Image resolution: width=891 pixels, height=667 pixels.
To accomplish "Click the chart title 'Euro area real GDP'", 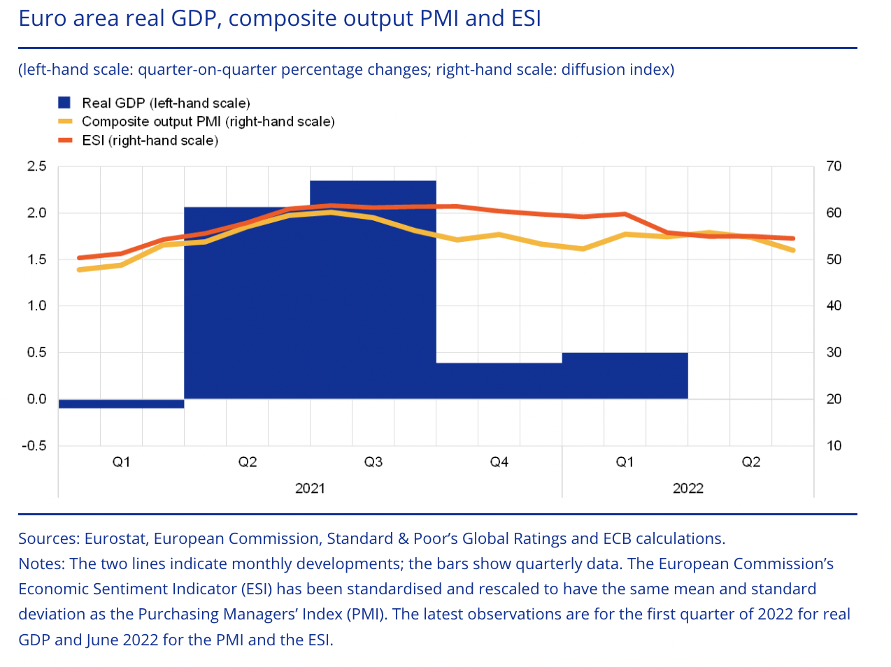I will [280, 18].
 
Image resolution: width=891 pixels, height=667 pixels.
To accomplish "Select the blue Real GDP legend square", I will [64, 103].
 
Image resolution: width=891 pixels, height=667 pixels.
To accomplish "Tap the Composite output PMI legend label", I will [208, 122].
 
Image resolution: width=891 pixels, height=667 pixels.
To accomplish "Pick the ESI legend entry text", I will [150, 141].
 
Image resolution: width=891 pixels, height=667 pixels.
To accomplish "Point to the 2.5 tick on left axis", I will [36, 166].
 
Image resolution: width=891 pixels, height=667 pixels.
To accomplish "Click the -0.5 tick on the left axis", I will [34, 446].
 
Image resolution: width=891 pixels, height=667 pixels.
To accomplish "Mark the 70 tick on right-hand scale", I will [834, 166].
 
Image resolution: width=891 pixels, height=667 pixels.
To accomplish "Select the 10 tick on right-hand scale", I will [834, 446].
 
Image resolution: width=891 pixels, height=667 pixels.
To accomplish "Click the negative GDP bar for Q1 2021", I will [121, 403].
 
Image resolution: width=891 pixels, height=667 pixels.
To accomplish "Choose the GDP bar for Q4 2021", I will [499, 381].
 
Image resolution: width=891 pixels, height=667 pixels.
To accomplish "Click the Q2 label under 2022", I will [750, 462].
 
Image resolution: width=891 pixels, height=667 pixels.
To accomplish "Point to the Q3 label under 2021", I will [373, 462].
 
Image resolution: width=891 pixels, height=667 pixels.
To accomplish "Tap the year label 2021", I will [310, 488].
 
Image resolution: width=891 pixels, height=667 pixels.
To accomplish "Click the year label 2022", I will [687, 488].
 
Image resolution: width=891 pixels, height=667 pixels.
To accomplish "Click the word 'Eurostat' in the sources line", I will [115, 539].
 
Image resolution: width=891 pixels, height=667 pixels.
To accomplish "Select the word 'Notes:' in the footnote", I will [41, 564].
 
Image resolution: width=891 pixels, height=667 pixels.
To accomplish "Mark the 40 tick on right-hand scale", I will [834, 306].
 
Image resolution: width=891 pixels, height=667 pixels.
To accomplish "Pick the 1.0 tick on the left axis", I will [36, 306].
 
